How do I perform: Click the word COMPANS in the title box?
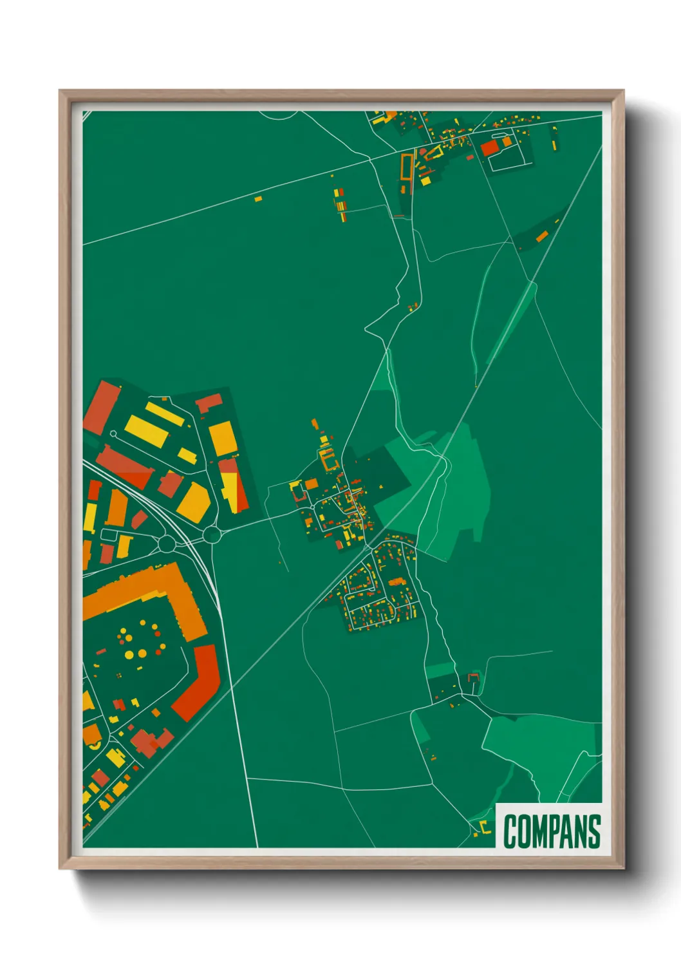tap(552, 831)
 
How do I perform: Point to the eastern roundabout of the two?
tap(212, 534)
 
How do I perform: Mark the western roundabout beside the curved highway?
tap(167, 544)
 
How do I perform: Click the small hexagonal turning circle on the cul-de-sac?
tap(113, 434)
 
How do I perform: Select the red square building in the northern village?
tap(489, 148)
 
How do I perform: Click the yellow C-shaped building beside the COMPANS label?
tap(485, 826)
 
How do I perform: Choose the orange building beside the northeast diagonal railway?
tap(541, 236)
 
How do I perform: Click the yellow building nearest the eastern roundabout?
tap(195, 502)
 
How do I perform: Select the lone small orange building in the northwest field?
tap(258, 199)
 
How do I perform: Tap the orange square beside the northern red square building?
tap(507, 141)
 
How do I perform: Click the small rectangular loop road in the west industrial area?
tap(109, 535)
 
